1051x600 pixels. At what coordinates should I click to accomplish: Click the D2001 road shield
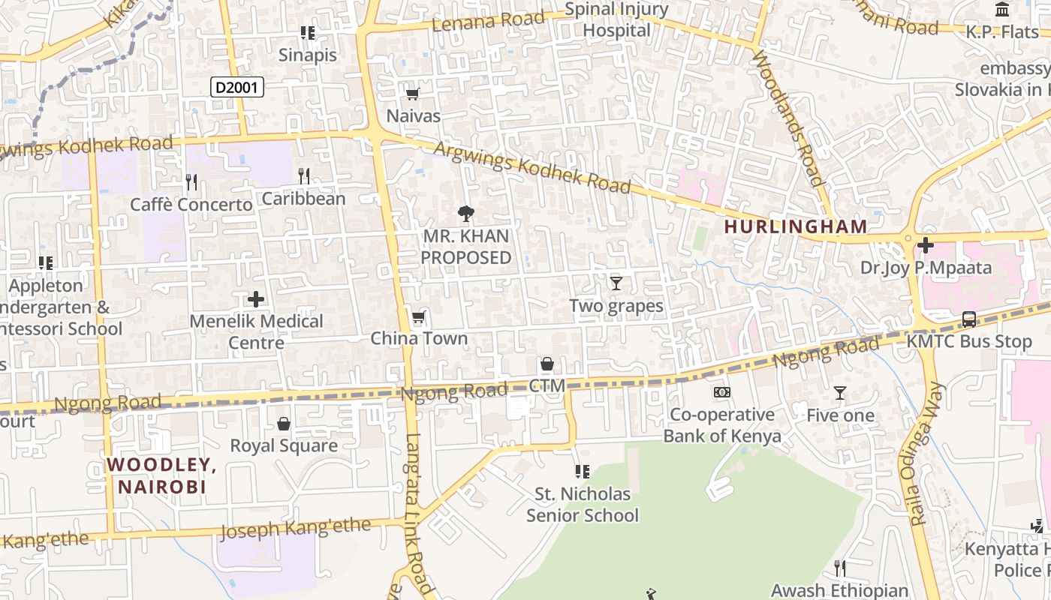tap(236, 88)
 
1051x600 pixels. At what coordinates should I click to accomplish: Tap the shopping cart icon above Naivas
tap(412, 94)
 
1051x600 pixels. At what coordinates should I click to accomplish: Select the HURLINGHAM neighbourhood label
tap(796, 226)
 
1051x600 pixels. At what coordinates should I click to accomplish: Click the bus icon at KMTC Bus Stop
tap(969, 319)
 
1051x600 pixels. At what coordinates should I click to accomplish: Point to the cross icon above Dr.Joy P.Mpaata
tap(925, 244)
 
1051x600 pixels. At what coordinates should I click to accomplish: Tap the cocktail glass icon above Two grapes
tap(616, 283)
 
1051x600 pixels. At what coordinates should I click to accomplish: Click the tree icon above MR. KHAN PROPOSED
tap(466, 214)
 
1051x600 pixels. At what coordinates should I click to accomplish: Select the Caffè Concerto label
tap(191, 205)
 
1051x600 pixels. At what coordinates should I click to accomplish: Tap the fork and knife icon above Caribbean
tap(304, 176)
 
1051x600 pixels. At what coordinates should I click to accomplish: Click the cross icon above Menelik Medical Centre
tap(256, 299)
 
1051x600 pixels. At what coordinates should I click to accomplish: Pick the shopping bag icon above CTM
tap(547, 364)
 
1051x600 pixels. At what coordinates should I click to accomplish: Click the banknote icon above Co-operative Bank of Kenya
tap(721, 392)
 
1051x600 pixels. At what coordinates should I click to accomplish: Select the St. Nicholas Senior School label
tap(582, 505)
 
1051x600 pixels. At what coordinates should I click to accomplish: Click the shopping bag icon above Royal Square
tap(284, 424)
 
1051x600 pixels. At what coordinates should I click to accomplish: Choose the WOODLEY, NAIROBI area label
tap(161, 475)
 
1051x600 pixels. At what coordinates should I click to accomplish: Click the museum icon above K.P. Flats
tap(1002, 10)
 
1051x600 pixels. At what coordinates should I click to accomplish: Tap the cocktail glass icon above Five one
tap(840, 393)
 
